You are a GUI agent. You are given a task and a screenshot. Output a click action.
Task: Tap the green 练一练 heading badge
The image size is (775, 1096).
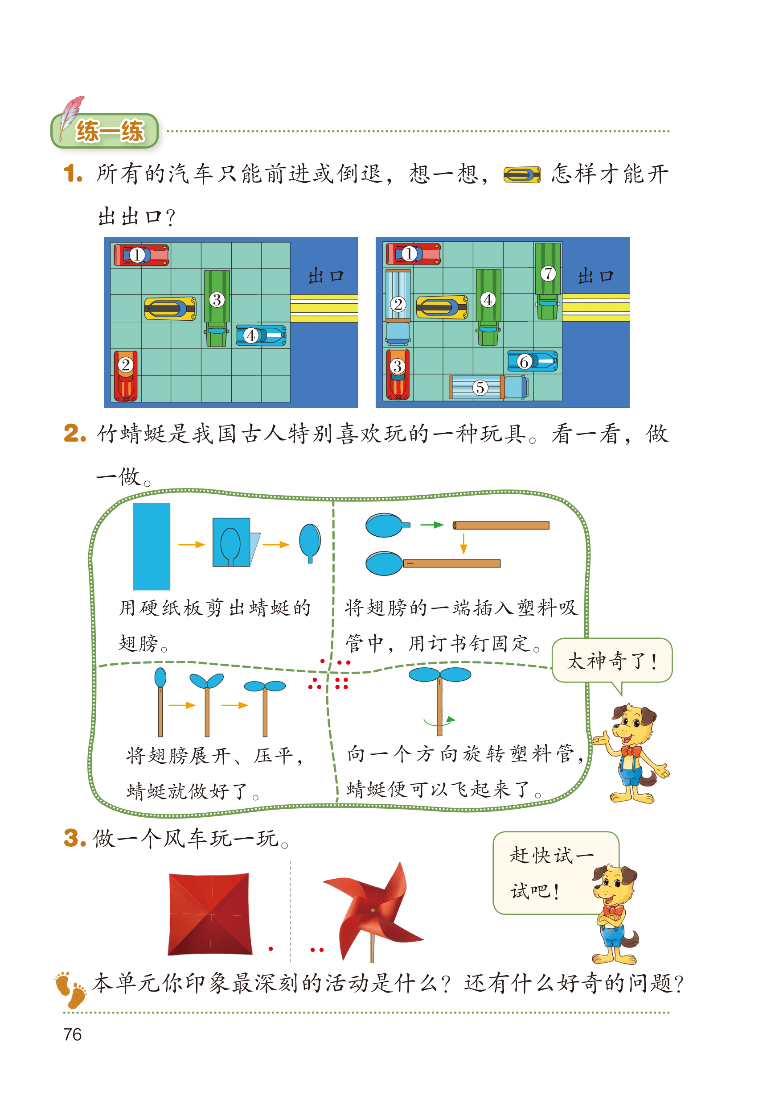tap(105, 130)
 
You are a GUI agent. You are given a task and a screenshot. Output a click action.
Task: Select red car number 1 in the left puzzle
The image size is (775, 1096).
tap(141, 255)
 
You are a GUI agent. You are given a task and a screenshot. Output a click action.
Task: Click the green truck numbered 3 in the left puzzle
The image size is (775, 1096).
tap(217, 308)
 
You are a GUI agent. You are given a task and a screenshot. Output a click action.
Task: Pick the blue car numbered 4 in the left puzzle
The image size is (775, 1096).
tap(262, 335)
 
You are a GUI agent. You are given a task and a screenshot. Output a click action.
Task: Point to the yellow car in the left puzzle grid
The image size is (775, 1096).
tap(170, 309)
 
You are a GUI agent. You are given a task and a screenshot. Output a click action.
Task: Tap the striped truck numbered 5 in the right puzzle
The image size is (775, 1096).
tap(489, 387)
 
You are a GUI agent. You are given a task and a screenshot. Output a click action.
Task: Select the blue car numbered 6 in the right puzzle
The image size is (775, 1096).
tap(533, 361)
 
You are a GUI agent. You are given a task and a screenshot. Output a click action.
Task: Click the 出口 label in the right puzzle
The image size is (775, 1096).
tap(595, 276)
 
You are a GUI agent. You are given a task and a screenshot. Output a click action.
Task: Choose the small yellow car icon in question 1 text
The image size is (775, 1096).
tap(522, 174)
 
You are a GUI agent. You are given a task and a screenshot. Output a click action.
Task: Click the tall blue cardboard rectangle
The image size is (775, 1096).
tap(151, 546)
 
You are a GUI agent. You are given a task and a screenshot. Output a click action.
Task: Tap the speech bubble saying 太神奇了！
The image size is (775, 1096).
tap(612, 661)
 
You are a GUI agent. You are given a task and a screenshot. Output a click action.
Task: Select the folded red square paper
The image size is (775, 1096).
tap(210, 914)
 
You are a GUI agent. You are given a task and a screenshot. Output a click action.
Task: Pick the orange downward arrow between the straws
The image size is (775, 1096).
tap(463, 543)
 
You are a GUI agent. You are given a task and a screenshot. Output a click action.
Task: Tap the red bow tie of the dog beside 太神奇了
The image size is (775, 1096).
tap(631, 751)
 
